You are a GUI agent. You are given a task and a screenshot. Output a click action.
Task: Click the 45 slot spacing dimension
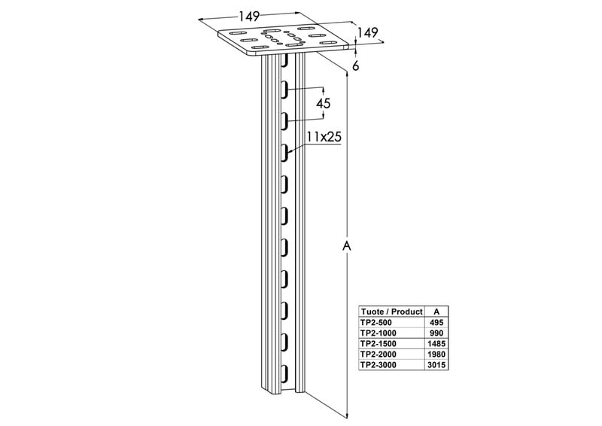coord(323,104)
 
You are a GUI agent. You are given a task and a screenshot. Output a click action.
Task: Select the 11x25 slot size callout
coord(324,136)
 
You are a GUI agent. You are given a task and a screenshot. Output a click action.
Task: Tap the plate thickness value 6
coord(356,66)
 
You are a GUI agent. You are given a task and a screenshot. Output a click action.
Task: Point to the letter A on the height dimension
coord(347,246)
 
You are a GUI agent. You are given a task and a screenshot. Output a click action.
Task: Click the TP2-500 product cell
coord(376,322)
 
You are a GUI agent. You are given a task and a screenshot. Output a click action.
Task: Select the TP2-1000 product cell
coord(379,333)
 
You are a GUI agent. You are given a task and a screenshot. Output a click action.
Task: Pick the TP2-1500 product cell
coord(379,343)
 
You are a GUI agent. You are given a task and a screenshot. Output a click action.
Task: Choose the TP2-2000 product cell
coord(379,354)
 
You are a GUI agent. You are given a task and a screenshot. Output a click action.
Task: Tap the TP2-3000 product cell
coord(379,365)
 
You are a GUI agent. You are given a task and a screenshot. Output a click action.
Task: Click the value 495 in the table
coord(436,322)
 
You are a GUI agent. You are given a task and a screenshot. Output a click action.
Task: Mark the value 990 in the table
coord(436,333)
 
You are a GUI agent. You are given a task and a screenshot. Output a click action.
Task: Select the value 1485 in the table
coord(436,343)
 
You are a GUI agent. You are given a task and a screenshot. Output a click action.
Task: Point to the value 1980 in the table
coord(436,354)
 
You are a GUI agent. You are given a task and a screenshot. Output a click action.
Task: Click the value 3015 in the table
coord(436,365)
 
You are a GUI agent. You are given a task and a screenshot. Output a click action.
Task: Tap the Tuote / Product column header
coord(391,312)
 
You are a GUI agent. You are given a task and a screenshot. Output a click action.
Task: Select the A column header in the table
coord(436,312)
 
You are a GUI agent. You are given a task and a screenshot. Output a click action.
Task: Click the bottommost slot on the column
coord(284,374)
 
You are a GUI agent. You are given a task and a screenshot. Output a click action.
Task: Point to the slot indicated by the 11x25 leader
coord(284,152)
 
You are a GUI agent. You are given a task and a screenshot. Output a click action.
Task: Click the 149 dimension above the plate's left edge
coord(250,16)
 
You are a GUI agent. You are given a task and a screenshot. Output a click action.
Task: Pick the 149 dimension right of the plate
coord(368,32)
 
